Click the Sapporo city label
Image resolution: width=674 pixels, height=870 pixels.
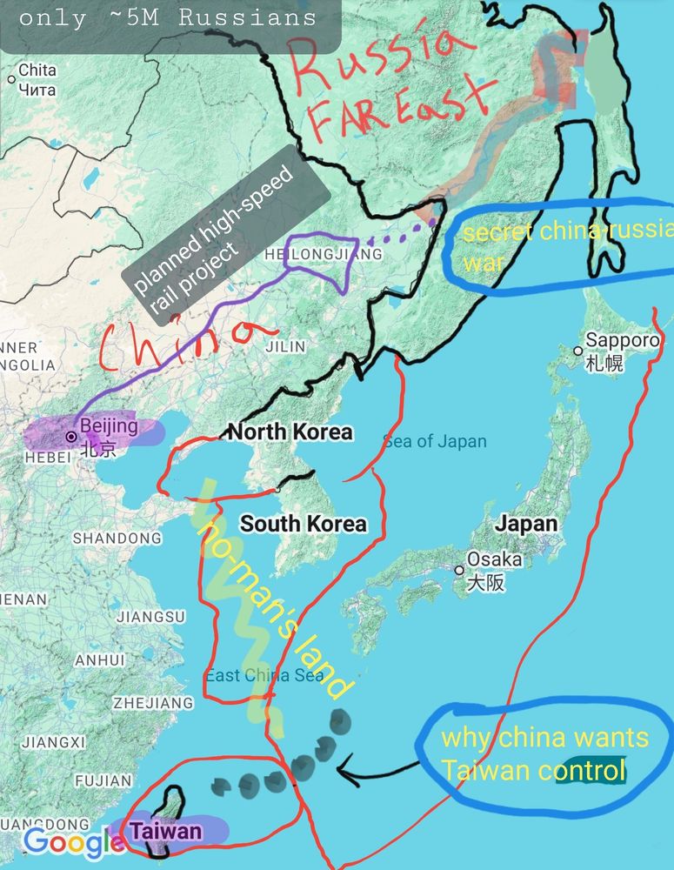tap(622, 341)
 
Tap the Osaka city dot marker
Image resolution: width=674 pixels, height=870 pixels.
tap(459, 571)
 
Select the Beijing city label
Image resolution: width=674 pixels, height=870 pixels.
tap(109, 426)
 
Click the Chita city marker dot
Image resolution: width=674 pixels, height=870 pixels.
tap(11, 79)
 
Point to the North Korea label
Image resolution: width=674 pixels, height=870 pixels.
tap(290, 432)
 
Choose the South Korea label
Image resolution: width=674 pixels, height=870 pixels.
tap(304, 524)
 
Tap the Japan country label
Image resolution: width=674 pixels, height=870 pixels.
tap(526, 525)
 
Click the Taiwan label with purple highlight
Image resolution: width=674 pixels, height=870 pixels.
tap(165, 832)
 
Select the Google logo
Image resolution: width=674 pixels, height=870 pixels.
tap(72, 841)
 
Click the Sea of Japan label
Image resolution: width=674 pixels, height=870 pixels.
tap(435, 442)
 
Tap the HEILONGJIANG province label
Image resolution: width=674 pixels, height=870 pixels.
tap(322, 254)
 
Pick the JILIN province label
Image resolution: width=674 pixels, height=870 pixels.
tap(285, 347)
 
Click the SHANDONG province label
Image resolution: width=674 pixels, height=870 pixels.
tap(117, 539)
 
